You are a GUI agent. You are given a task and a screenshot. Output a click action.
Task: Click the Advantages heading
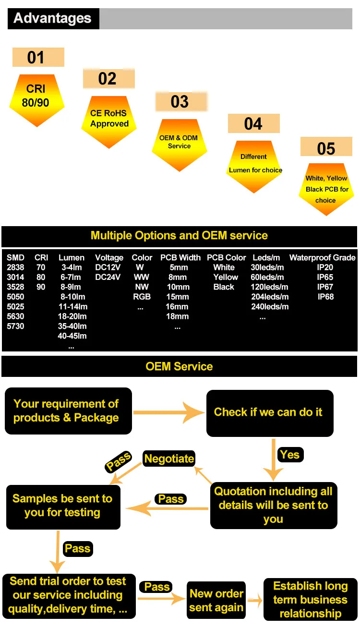point(52,19)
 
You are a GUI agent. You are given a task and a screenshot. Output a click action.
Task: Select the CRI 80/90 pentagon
point(37,100)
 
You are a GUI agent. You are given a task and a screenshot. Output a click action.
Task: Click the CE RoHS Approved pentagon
point(109,122)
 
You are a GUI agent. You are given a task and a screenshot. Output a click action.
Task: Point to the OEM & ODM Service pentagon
point(180,145)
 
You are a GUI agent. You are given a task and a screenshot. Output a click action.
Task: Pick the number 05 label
point(326,148)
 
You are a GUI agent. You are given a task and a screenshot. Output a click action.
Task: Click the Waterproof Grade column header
point(323,257)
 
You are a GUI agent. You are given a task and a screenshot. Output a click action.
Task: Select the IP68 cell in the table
point(325,297)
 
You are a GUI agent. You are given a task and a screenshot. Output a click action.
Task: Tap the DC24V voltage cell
point(108,277)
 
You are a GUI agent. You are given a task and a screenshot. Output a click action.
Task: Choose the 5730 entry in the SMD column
point(15,326)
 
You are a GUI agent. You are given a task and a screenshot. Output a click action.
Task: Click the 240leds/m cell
point(270,306)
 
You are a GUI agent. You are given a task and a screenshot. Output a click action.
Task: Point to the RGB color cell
point(142,297)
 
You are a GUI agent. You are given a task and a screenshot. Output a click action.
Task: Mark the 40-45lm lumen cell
point(72,336)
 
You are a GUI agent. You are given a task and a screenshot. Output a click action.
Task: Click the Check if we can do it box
point(270,413)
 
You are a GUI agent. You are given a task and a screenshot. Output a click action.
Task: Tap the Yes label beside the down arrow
point(290,455)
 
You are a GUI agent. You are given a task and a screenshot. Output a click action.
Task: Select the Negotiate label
point(169,459)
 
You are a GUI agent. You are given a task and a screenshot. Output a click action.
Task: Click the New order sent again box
point(216,600)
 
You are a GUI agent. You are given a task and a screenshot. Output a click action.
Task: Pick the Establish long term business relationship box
point(311,600)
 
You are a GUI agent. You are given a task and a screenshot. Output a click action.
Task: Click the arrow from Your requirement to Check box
point(169,412)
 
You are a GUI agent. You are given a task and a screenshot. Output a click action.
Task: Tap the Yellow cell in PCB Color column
point(226,277)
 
